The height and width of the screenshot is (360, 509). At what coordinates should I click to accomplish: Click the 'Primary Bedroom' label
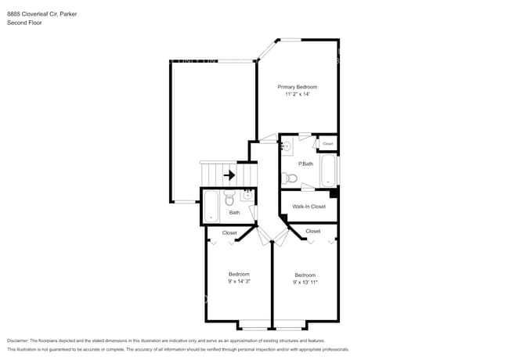[297, 86]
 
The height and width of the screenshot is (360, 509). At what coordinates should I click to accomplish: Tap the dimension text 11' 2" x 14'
[297, 94]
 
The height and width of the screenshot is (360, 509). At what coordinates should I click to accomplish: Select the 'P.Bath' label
[305, 164]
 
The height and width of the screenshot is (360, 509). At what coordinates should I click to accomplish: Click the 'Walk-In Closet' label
[309, 207]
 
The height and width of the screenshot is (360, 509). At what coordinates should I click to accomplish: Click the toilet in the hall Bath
[229, 198]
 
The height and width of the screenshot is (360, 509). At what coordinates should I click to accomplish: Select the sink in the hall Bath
[246, 196]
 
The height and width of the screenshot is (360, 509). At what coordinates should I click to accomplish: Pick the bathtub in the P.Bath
[328, 171]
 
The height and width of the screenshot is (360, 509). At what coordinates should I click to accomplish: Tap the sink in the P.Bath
[287, 145]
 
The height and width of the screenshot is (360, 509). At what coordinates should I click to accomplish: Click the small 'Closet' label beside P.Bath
[327, 144]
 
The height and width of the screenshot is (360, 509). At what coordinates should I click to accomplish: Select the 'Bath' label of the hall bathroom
[234, 213]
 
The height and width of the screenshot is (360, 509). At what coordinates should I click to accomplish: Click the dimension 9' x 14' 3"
[239, 281]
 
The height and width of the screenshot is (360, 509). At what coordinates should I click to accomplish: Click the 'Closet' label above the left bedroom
[229, 232]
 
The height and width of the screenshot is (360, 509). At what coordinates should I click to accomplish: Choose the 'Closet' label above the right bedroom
[312, 231]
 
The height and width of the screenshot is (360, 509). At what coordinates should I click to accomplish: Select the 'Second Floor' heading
[24, 23]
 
